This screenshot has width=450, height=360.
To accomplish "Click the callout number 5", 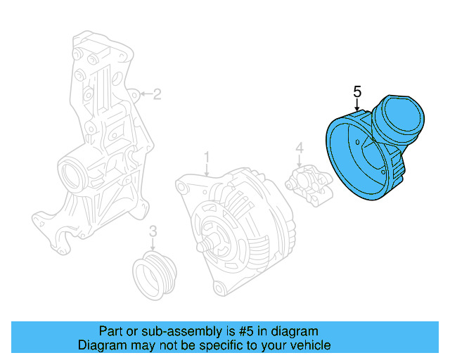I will tap(357, 91).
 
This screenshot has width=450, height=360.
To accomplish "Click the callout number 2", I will tap(157, 94).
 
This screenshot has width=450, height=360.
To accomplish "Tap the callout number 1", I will tap(207, 155).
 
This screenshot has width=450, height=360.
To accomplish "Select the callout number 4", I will tap(299, 148).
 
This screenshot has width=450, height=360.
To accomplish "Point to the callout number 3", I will tap(153, 231).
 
